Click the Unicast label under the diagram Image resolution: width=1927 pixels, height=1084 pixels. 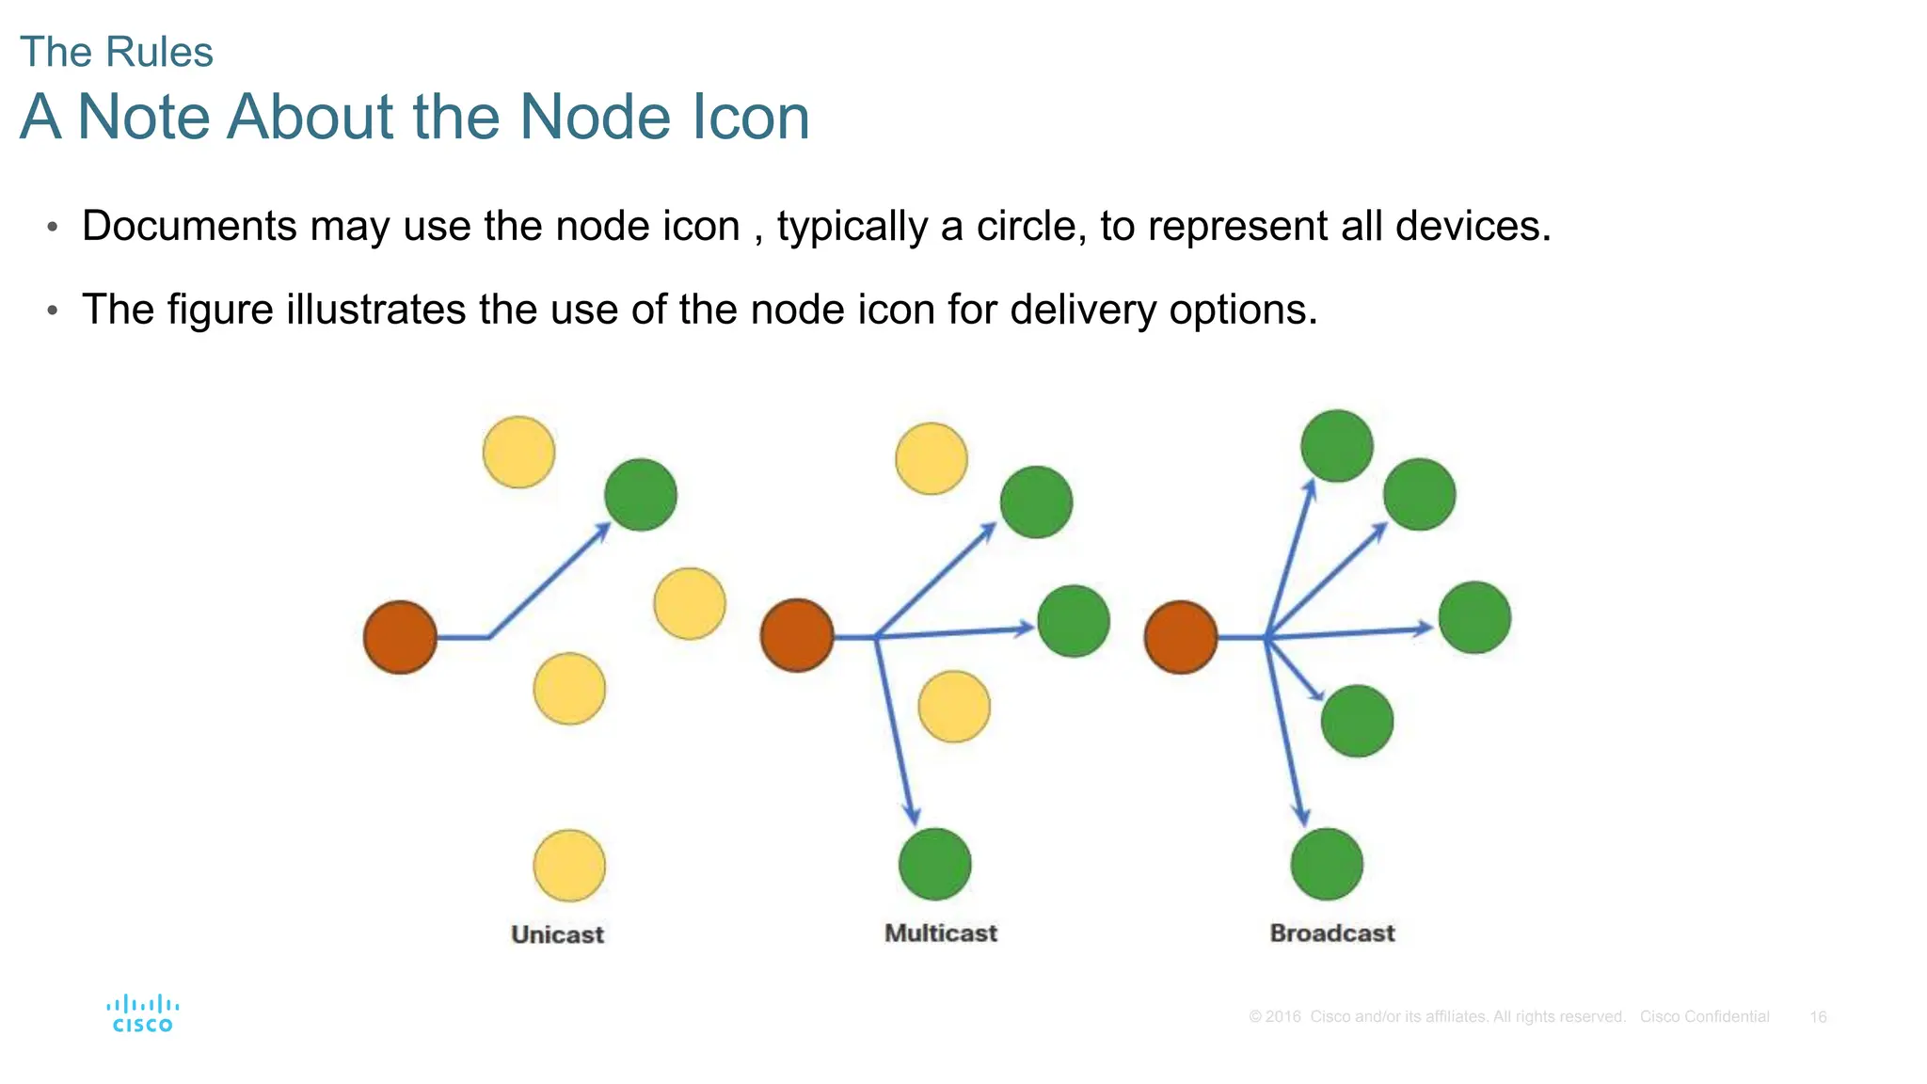(557, 934)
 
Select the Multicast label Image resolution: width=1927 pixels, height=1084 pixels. (940, 933)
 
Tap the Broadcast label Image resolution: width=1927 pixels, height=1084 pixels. (1331, 933)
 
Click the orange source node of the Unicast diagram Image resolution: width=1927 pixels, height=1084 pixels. (400, 637)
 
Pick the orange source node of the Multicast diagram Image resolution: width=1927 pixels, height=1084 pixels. (797, 635)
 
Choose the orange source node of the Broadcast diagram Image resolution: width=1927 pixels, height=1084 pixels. (1181, 637)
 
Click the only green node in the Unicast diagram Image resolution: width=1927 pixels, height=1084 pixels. (641, 495)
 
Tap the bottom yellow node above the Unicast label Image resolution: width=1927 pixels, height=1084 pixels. (569, 865)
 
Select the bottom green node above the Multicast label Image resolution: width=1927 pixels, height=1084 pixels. (934, 864)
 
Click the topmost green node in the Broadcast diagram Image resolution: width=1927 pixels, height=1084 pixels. (1336, 446)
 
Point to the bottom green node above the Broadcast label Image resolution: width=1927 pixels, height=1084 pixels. (1327, 864)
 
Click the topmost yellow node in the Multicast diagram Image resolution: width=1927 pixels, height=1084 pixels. (932, 459)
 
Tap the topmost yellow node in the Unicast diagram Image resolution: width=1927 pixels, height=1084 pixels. (518, 453)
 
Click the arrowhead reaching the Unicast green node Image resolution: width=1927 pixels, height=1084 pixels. (602, 532)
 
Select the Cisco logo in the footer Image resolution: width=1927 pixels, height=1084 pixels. (142, 1013)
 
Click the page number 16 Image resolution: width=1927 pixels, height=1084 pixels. (1818, 1017)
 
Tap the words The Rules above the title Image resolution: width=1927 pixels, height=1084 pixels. (117, 52)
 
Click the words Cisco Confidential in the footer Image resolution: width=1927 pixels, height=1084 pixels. (1704, 1017)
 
